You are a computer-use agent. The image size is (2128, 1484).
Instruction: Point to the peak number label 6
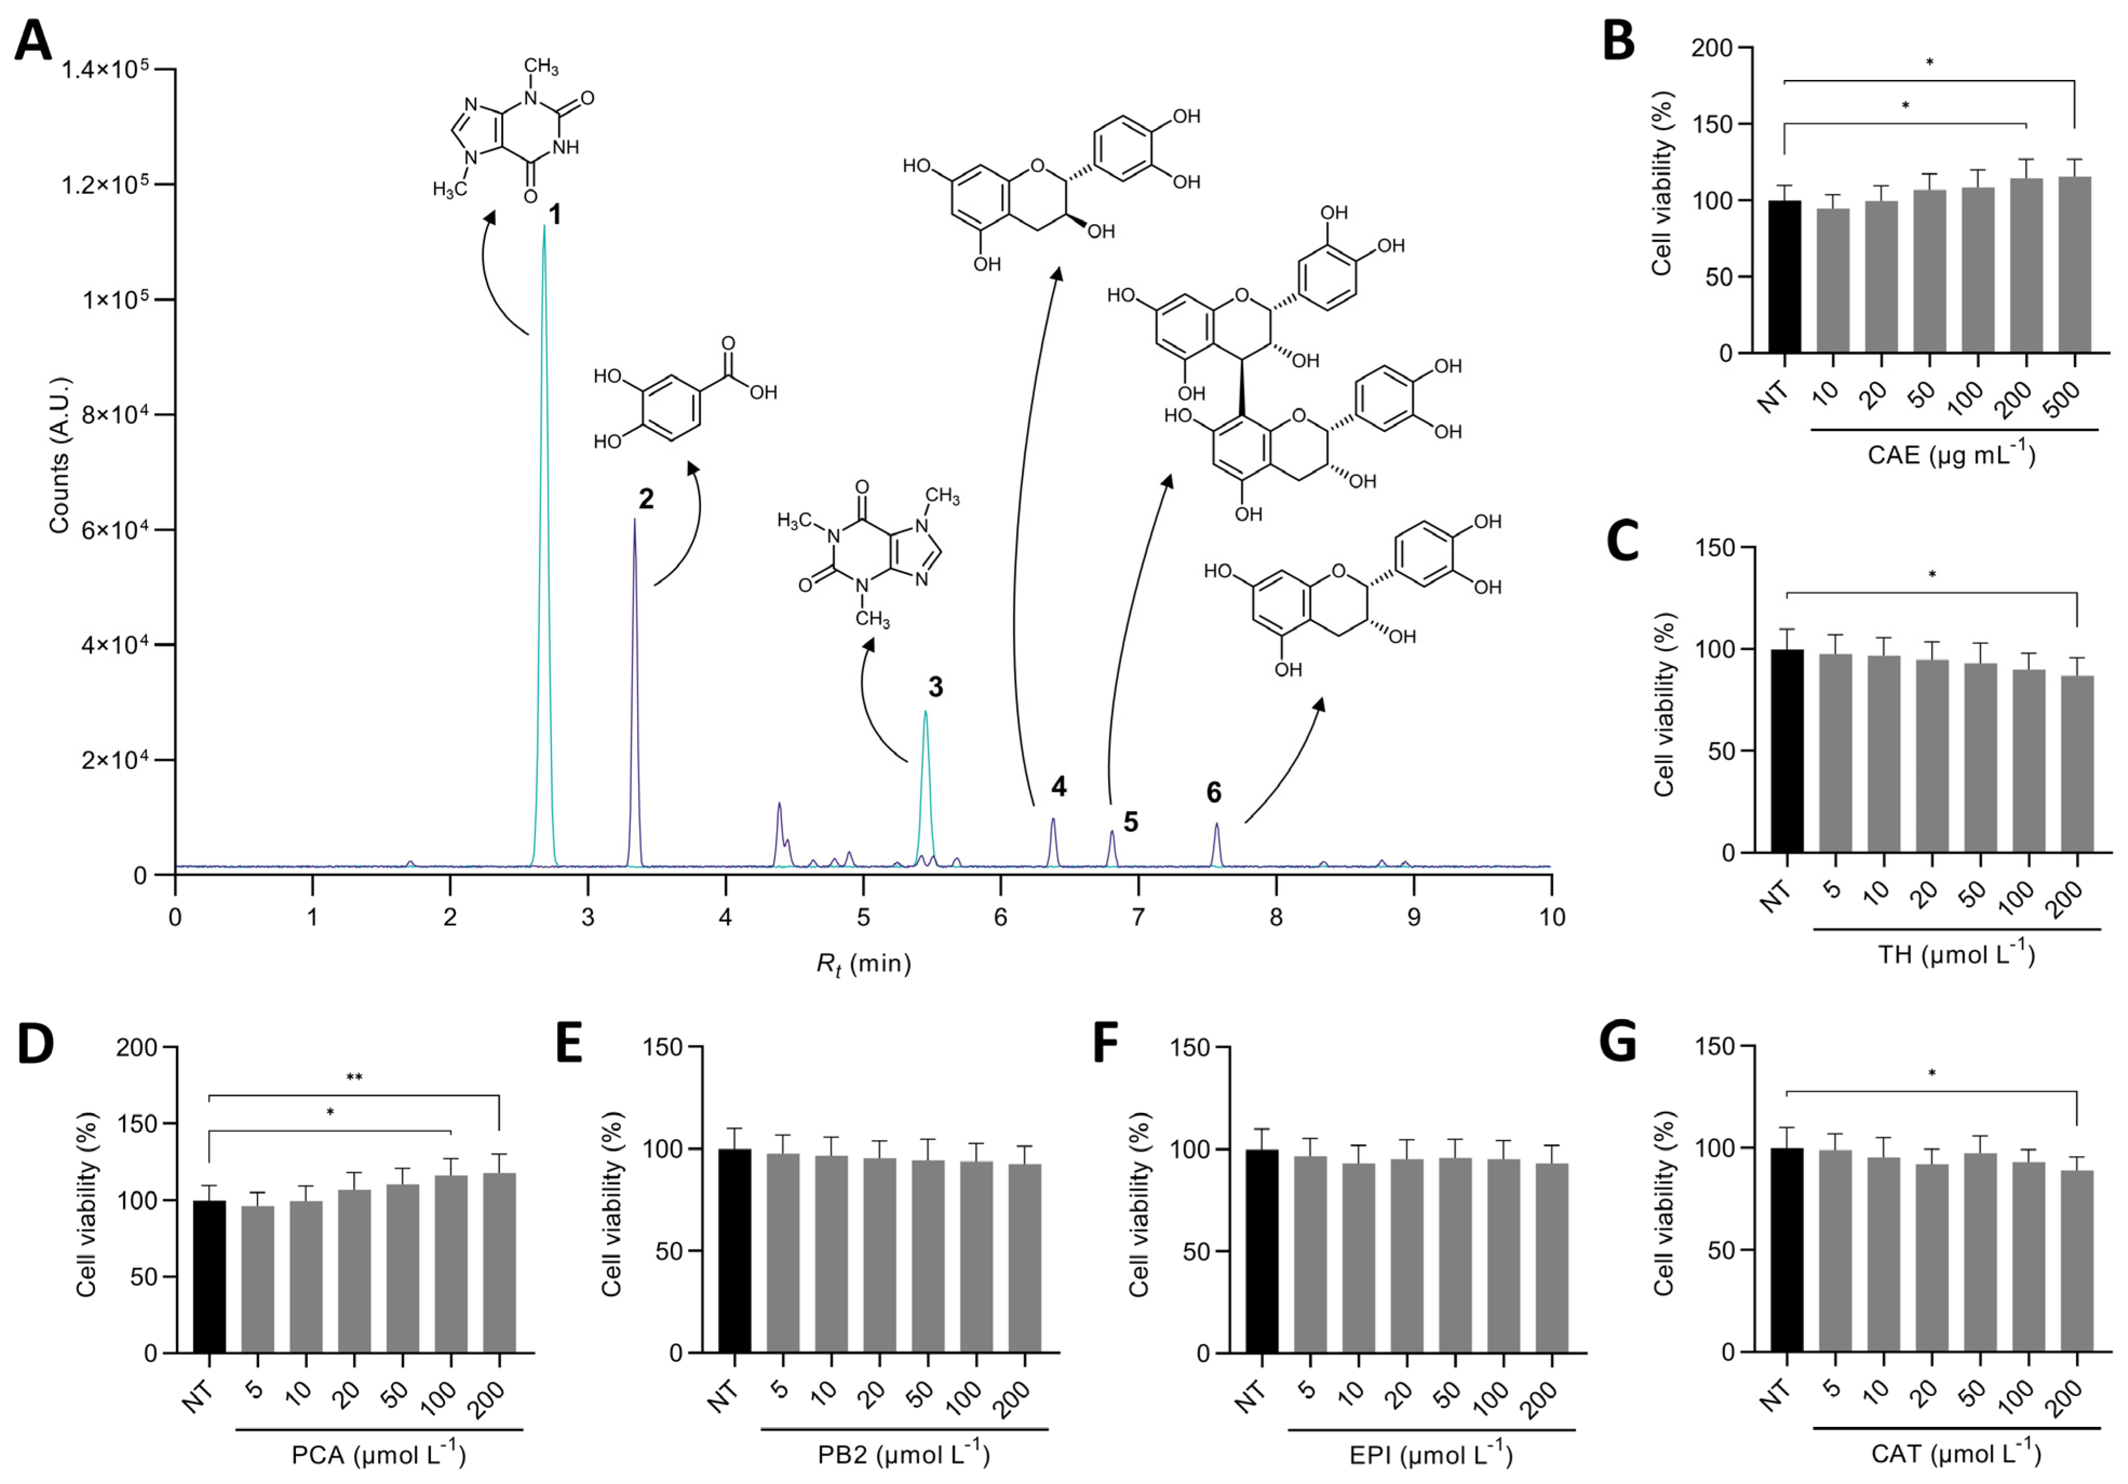tap(1213, 793)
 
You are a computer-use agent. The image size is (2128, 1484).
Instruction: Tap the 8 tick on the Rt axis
tap(1276, 918)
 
